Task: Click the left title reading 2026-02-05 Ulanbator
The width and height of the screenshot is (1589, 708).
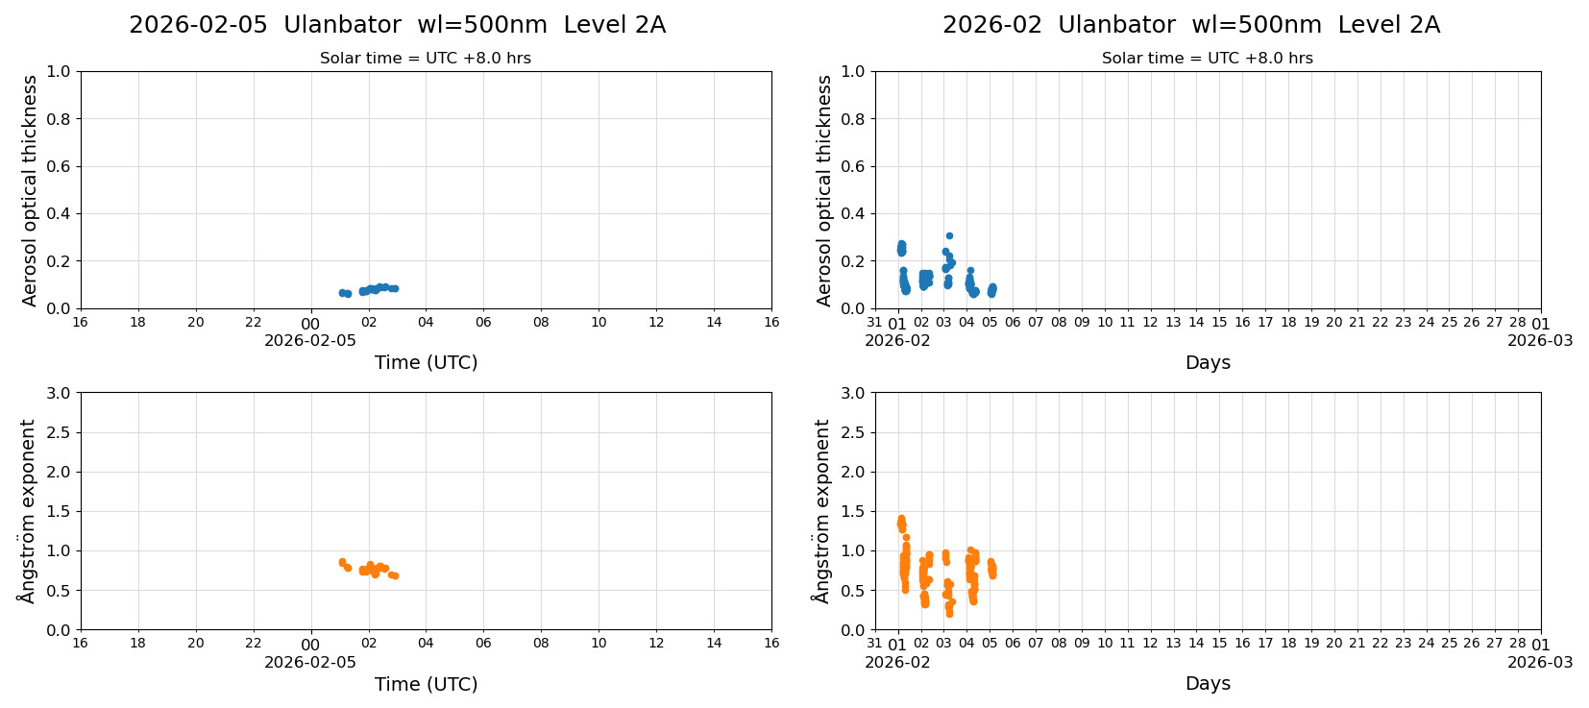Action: click(397, 25)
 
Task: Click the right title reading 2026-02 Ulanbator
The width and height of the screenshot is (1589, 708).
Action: click(1190, 25)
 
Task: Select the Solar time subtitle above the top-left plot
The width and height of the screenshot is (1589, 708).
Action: click(425, 59)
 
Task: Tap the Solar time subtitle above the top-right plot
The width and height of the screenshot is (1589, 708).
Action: click(1207, 59)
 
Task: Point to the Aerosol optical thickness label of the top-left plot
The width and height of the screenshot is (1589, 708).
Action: click(30, 190)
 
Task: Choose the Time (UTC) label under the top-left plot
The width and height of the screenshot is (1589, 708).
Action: click(426, 362)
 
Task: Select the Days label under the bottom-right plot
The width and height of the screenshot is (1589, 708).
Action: click(1207, 684)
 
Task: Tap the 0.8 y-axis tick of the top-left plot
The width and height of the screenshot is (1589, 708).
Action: click(58, 119)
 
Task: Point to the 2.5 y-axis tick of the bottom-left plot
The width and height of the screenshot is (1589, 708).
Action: click(58, 432)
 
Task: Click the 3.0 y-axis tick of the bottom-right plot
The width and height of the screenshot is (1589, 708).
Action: click(852, 393)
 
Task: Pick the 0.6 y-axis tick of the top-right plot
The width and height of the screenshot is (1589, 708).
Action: click(852, 166)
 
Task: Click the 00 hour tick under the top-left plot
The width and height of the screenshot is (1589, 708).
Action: click(310, 324)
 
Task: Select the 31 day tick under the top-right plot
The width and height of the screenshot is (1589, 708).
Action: click(874, 323)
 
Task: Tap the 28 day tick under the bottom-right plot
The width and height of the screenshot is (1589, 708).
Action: click(1517, 644)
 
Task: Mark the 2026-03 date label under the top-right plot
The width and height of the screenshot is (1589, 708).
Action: click(1539, 340)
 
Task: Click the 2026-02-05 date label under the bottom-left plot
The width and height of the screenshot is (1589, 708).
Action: click(310, 662)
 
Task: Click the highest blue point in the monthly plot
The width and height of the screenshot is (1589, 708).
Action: click(949, 235)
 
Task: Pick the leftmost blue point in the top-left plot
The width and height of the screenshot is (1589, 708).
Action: click(342, 293)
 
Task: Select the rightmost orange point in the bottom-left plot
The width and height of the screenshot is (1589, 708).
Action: click(395, 576)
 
